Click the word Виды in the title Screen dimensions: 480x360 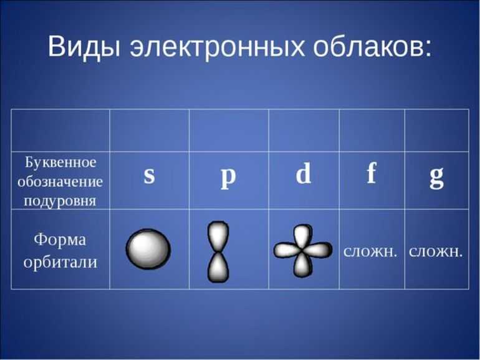[84, 47]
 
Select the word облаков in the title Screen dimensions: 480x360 [369, 46]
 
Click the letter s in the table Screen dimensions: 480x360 [150, 175]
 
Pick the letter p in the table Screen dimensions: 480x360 [228, 178]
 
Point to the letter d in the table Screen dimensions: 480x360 [304, 173]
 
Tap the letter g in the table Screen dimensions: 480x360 [437, 178]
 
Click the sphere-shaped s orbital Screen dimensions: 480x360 [148, 249]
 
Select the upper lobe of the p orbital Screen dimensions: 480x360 [218, 236]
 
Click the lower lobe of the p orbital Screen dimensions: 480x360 [218, 267]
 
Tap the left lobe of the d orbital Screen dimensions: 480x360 [287, 250]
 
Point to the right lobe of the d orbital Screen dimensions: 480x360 [317, 250]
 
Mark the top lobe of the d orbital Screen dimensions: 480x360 [302, 236]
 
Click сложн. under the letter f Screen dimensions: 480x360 [370, 251]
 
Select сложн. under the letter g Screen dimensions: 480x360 [436, 251]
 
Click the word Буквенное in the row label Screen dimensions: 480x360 [60, 162]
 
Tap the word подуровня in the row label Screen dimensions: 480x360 [60, 202]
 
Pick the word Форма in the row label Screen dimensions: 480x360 [60, 240]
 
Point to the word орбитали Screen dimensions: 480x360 [60, 262]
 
